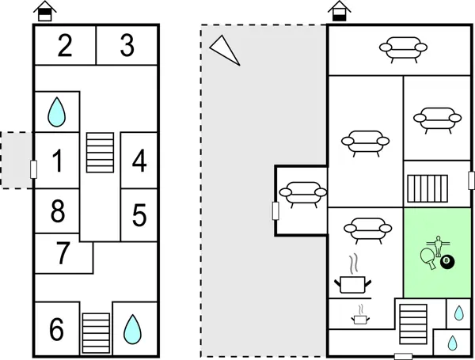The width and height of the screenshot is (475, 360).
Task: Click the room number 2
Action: pos(65,46)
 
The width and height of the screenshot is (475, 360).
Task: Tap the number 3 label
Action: pos(127,46)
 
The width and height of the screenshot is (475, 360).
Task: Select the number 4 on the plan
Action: pos(139,161)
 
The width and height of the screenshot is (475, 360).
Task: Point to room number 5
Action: pos(139,215)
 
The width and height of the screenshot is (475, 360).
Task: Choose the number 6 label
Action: pos(56,329)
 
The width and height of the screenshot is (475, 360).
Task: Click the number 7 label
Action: pos(63,255)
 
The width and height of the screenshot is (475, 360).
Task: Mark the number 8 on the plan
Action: pos(57,212)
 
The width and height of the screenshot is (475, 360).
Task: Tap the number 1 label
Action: pos(57,161)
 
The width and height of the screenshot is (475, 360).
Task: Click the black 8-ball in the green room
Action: pos(447,261)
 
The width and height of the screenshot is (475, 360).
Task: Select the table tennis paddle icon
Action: pos(429,256)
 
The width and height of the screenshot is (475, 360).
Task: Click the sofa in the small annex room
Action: pos(300,193)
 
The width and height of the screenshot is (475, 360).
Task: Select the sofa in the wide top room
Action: pos(400,49)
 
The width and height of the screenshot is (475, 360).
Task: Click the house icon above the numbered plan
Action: pos(47,11)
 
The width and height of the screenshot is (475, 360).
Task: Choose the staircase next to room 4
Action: pos(100,152)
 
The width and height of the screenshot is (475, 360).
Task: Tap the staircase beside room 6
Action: pos(96,332)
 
